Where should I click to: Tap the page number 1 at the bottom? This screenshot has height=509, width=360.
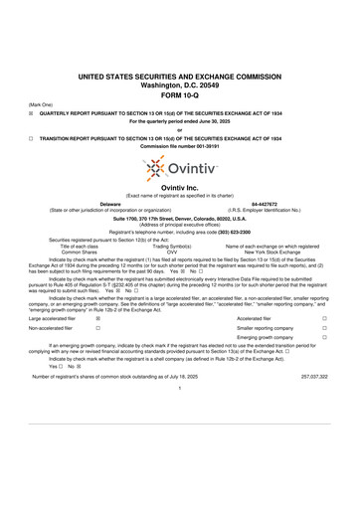[180, 416]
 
